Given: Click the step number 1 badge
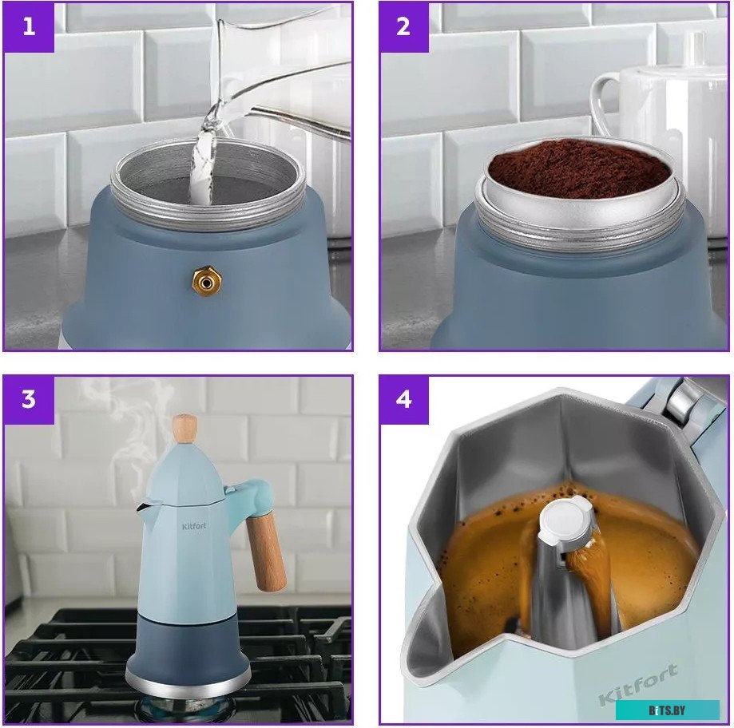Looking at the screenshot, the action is pyautogui.click(x=29, y=26).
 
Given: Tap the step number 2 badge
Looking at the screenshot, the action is pyautogui.click(x=403, y=26).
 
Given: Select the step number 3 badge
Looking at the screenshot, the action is pyautogui.click(x=29, y=400).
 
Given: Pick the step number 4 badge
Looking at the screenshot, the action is pyautogui.click(x=403, y=400).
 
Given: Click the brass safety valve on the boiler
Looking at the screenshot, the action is pyautogui.click(x=206, y=281).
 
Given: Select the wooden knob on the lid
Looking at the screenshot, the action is pyautogui.click(x=184, y=429).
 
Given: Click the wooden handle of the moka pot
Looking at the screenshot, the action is pyautogui.click(x=265, y=552).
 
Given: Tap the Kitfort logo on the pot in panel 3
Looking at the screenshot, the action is pyautogui.click(x=194, y=526).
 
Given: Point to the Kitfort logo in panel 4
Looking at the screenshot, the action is pyautogui.click(x=637, y=684).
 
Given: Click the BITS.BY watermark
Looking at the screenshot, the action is pyautogui.click(x=667, y=710).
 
